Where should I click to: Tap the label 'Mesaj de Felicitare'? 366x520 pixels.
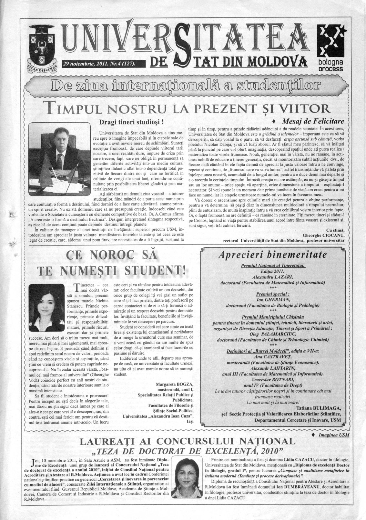coord(313,122)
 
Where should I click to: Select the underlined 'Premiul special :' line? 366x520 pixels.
coord(273,294)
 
